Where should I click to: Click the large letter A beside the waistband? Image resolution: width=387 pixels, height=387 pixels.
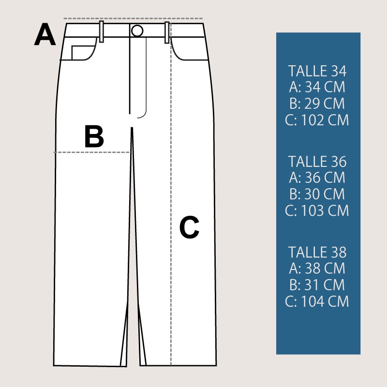45,34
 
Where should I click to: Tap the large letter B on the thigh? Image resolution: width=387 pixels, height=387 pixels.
94,136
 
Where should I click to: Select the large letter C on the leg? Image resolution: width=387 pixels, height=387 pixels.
189,227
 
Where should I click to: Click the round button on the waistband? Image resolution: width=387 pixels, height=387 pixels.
137,31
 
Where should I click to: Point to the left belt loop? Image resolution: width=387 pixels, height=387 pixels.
101,32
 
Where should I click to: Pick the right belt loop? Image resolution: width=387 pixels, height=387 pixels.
167,32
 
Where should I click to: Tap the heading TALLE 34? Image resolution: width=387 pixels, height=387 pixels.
317,71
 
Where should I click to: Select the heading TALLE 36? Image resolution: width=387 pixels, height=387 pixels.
317,162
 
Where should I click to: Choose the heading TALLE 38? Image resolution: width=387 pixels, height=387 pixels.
317,252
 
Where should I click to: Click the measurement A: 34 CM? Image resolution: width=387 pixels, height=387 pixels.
317,87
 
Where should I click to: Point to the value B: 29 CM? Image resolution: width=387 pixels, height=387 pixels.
317,104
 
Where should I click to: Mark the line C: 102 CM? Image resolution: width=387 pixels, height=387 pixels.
317,120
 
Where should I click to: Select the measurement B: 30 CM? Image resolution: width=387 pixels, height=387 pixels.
317,194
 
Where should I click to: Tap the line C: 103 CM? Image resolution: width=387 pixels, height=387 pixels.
317,211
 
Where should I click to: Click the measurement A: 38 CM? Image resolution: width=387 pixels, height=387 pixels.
317,268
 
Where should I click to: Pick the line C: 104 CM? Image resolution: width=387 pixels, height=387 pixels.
317,301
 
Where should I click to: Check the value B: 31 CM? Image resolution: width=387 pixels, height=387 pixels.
317,285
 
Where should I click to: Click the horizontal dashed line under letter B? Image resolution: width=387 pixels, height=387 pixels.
92,152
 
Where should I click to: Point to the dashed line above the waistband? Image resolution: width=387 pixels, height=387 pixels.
133,18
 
